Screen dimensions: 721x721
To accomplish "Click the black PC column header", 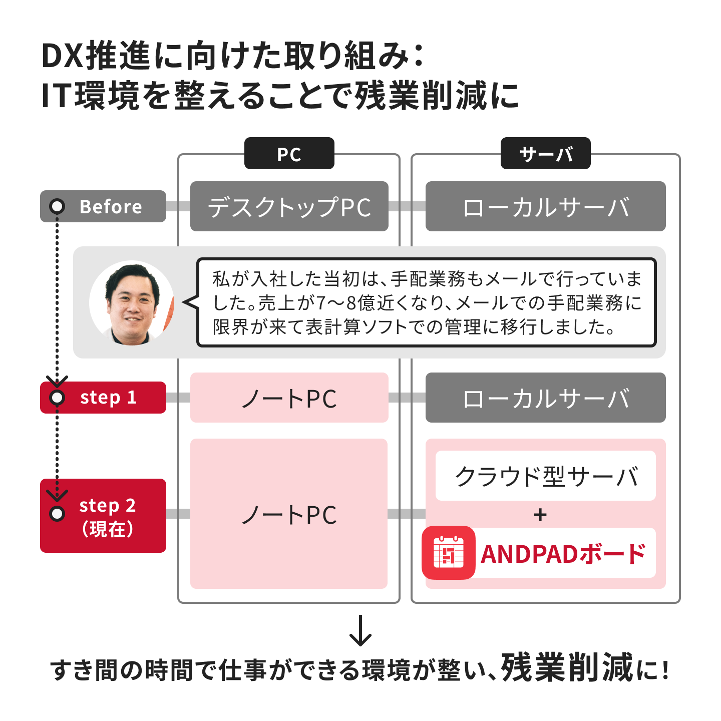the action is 289,153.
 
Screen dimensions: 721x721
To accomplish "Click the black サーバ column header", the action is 545,153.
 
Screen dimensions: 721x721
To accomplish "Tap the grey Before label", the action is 103,206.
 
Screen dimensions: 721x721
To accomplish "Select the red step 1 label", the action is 103,398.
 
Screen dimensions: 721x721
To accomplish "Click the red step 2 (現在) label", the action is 103,515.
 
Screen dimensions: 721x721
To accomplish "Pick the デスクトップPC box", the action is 289,206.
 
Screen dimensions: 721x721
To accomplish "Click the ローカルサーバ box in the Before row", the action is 546,206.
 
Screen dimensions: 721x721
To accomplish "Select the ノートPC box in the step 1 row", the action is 289,398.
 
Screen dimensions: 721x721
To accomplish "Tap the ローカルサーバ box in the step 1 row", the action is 546,398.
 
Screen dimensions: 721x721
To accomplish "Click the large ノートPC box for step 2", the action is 289,514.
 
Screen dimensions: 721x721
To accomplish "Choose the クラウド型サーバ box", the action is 546,476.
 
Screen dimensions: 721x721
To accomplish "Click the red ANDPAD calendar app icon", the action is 448,553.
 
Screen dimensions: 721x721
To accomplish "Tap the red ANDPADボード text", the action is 563,554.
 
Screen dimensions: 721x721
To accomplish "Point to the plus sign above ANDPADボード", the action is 540,515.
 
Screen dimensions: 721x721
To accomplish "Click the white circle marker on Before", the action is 57,206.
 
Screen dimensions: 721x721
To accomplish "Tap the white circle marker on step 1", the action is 57,398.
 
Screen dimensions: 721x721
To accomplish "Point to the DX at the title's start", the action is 62,57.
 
